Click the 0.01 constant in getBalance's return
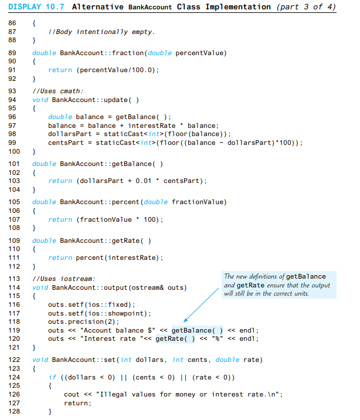pyautogui.click(x=144, y=180)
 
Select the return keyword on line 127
pyautogui.click(x=75, y=403)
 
